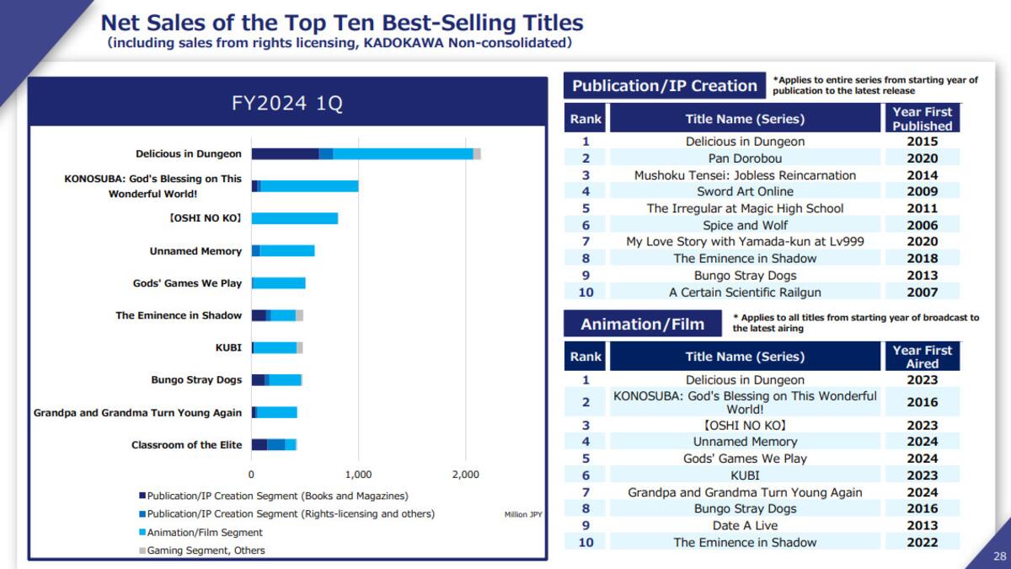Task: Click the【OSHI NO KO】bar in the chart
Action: [295, 218]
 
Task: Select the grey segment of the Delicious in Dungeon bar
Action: [477, 154]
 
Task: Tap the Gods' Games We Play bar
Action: [279, 283]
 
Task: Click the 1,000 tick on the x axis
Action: [358, 475]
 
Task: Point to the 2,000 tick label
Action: [465, 475]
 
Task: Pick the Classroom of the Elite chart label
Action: [187, 445]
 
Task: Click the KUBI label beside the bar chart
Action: [228, 347]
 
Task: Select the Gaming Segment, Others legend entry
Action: [202, 550]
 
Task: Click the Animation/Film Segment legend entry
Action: [201, 533]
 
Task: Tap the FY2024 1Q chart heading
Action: [287, 103]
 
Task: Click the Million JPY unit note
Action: [523, 514]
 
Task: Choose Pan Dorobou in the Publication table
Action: [745, 158]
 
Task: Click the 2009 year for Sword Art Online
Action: [923, 191]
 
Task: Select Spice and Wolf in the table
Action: [745, 225]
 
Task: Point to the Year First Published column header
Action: [923, 118]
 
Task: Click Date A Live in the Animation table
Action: [745, 526]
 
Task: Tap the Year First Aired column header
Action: [923, 357]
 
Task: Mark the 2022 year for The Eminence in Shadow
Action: [923, 542]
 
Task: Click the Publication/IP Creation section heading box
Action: [665, 85]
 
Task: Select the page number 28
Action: [999, 556]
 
